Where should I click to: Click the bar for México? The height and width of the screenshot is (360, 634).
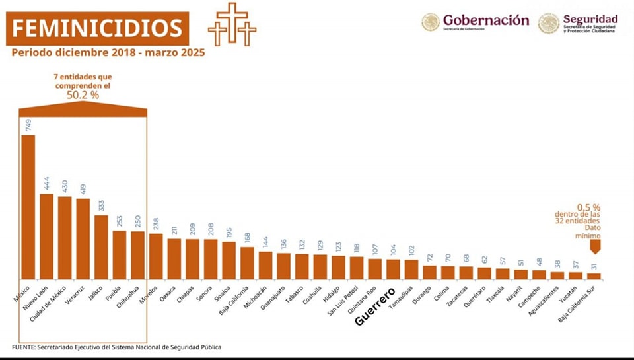tap(28, 207)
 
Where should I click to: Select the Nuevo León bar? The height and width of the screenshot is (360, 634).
tap(46, 236)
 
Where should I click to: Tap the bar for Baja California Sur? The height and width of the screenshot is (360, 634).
tap(594, 275)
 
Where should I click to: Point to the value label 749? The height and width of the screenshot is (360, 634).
tap(28, 126)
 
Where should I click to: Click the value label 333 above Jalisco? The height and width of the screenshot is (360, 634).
tap(101, 205)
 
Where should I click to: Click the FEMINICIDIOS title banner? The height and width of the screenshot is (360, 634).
tap(98, 28)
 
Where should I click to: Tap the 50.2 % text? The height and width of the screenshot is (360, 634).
tap(83, 95)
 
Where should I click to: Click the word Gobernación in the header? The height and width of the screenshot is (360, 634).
tap(485, 20)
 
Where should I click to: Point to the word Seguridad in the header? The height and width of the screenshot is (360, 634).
tap(590, 18)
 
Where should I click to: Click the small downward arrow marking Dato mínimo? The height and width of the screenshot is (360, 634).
tap(594, 246)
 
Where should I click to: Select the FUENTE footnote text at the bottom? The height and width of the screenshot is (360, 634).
tap(116, 347)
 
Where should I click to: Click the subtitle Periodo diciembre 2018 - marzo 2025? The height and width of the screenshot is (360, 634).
tap(108, 53)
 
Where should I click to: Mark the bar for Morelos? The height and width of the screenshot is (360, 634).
tap(156, 256)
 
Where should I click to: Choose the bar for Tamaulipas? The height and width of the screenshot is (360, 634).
tap(411, 269)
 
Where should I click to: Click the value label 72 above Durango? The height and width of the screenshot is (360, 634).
tap(430, 256)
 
